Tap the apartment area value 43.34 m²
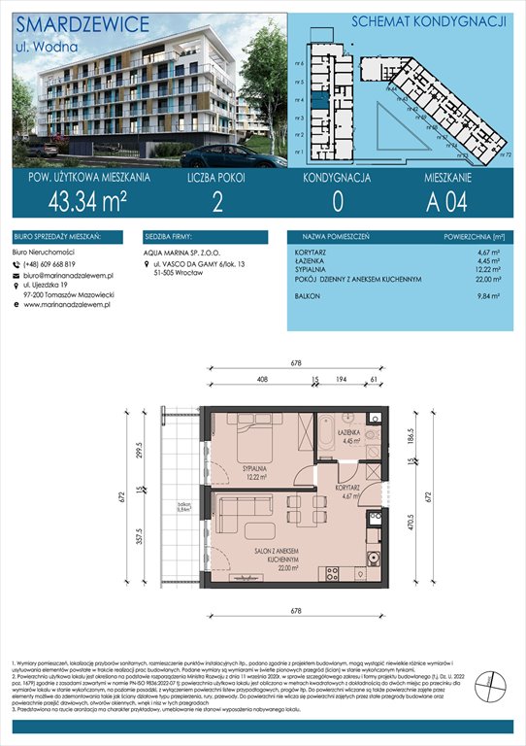coord(82,202)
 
